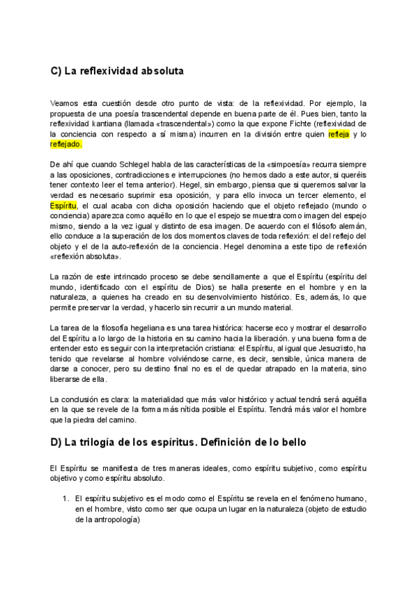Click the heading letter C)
click(56, 71)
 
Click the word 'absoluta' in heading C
click(162, 71)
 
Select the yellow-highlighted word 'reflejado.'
click(66, 144)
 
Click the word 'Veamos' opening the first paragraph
click(64, 102)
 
